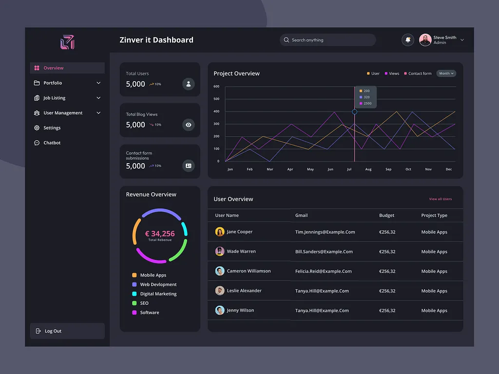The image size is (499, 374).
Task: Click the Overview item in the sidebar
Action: pyautogui.click(x=54, y=68)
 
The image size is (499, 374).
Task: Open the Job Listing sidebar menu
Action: pyautogui.click(x=55, y=98)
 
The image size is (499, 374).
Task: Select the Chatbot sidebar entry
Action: pyautogui.click(x=52, y=143)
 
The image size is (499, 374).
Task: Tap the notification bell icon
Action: pyautogui.click(x=408, y=40)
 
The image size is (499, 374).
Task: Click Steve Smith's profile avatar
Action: pyautogui.click(x=425, y=40)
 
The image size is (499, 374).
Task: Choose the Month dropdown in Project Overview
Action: pyautogui.click(x=446, y=74)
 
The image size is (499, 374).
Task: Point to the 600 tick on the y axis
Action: pyautogui.click(x=216, y=87)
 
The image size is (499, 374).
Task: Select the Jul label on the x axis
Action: pyautogui.click(x=349, y=169)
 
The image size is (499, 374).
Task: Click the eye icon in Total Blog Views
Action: pyautogui.click(x=189, y=125)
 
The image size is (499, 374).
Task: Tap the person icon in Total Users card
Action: pyautogui.click(x=189, y=84)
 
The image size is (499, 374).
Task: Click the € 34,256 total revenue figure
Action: pyautogui.click(x=160, y=234)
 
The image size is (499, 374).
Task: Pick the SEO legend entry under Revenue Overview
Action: pyautogui.click(x=144, y=303)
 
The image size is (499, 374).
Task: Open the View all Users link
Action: pyautogui.click(x=440, y=199)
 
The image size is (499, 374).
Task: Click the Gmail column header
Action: pyautogui.click(x=301, y=215)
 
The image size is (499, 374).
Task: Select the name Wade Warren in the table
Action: pyautogui.click(x=241, y=252)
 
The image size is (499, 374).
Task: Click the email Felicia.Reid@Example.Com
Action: pyautogui.click(x=323, y=271)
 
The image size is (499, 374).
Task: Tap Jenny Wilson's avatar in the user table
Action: pyautogui.click(x=220, y=310)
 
